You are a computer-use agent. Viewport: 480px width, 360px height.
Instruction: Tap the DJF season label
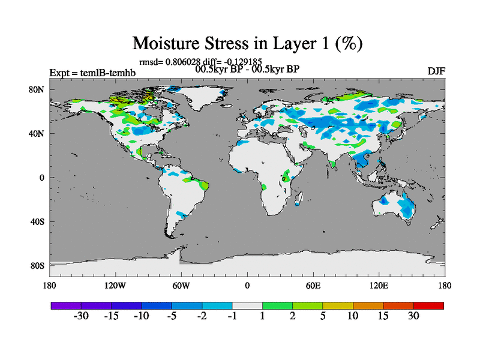click(x=436, y=71)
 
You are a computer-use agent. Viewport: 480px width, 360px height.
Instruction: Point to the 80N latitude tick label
click(x=37, y=89)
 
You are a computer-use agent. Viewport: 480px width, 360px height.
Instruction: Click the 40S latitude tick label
click(x=38, y=221)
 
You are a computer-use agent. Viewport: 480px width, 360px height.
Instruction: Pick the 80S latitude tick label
click(x=38, y=265)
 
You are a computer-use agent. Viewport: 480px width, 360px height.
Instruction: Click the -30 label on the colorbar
click(x=80, y=316)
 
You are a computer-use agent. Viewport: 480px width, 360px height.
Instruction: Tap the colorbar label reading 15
click(x=383, y=316)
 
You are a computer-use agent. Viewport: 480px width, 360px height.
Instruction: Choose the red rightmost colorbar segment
click(x=428, y=305)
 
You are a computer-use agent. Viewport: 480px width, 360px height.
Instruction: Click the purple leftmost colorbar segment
click(x=66, y=305)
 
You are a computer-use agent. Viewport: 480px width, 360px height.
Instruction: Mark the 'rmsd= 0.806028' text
click(x=164, y=61)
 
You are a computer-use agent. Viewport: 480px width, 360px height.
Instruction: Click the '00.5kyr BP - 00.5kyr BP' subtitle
click(x=247, y=68)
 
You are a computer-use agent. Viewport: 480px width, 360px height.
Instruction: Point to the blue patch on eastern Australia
click(x=408, y=207)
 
